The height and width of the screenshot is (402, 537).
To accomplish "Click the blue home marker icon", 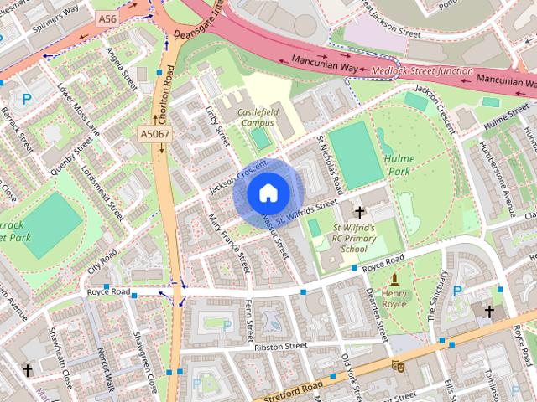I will click(267, 193).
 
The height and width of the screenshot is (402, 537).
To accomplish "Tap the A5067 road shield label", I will click(154, 133).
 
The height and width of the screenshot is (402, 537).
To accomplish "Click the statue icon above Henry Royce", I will click(394, 278).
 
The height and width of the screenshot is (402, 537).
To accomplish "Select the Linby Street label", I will click(217, 125).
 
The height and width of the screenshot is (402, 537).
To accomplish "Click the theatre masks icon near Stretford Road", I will click(401, 366).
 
